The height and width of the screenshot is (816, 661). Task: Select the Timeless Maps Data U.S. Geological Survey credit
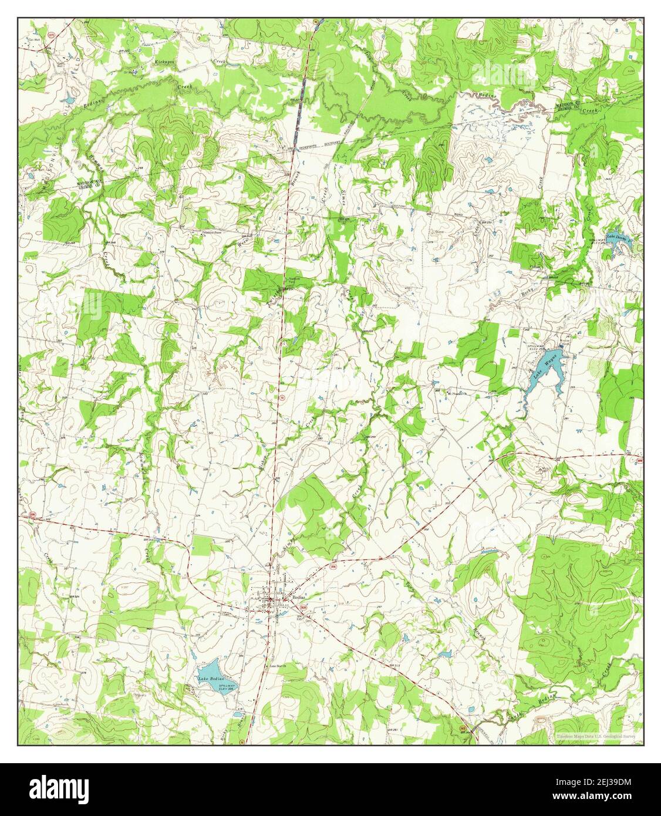tap(593, 734)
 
